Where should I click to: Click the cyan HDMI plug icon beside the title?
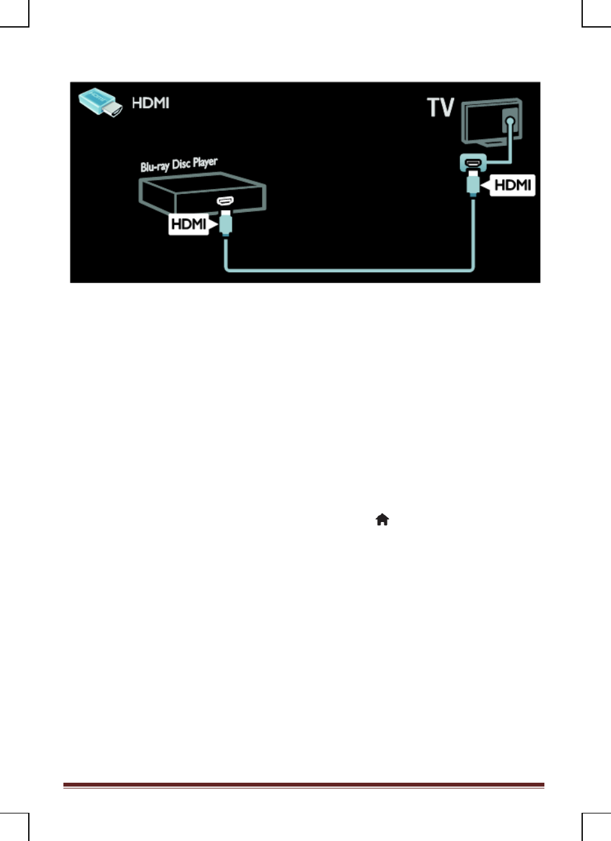tap(100, 102)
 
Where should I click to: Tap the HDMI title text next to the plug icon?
tap(151, 103)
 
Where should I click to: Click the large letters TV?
tap(441, 107)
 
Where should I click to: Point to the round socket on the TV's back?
tap(510, 121)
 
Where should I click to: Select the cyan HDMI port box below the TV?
tap(473, 163)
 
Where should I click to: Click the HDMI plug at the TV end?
tap(473, 184)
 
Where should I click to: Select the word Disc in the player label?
tap(181, 164)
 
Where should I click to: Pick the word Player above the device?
tap(206, 162)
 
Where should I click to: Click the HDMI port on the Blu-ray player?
tap(225, 201)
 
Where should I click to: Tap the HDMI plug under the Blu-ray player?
tap(225, 223)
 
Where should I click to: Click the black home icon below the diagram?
tap(382, 519)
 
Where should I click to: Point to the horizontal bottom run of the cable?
tap(349, 270)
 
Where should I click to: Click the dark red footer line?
tap(304, 785)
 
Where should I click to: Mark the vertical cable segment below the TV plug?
tap(473, 233)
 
